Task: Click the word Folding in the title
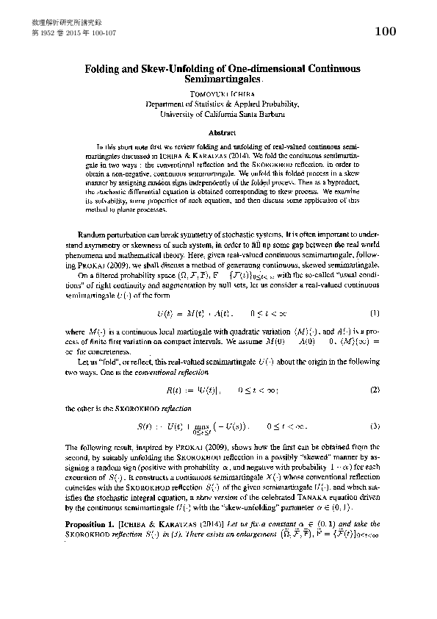tap(105, 68)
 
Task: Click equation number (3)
tap(375, 426)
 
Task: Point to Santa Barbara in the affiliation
tap(263, 115)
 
